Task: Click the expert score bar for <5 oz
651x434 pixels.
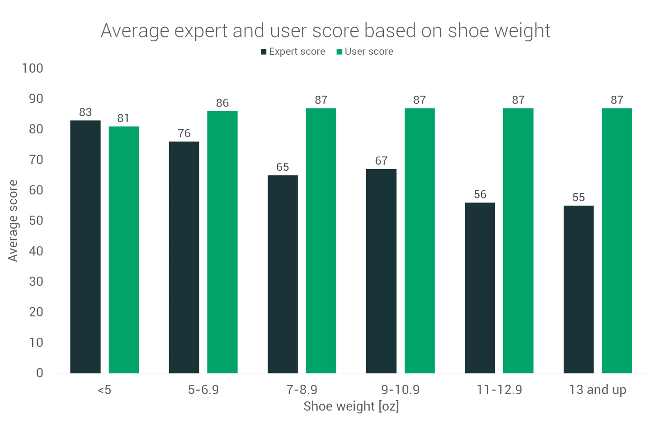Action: coord(85,246)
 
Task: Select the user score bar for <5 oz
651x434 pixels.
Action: coord(123,250)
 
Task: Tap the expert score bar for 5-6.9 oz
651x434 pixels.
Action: coord(184,257)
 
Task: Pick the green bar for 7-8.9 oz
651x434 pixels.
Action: coord(321,241)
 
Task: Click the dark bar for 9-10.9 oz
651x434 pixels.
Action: coord(381,271)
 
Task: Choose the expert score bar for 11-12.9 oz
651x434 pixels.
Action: coord(480,288)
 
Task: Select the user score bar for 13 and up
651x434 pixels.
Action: coord(617,241)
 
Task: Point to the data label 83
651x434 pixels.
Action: coord(85,112)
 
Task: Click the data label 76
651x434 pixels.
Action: coord(184,133)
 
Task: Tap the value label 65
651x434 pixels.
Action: coord(283,167)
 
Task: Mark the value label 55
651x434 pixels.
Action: coord(579,198)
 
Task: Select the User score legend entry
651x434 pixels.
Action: coord(365,52)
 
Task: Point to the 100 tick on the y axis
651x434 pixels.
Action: coord(33,68)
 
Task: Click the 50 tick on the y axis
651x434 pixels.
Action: coord(36,221)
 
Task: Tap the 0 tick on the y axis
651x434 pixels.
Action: coord(40,373)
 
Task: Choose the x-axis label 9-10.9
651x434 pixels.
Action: coord(401,390)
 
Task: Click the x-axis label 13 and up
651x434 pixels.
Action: coord(598,390)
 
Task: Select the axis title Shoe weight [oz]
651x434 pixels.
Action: coord(351,406)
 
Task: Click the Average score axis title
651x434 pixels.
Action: coord(13,221)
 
